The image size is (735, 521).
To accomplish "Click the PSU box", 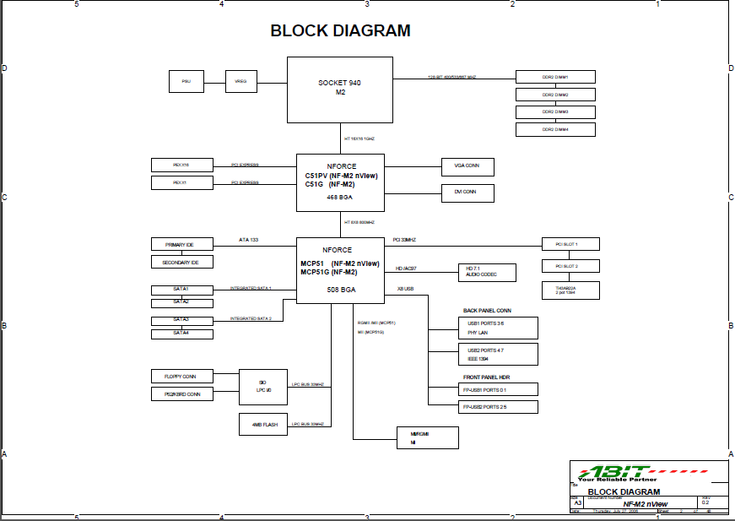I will point(186,82).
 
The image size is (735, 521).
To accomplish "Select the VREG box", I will point(241,82).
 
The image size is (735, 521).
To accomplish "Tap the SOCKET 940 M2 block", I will point(339,89).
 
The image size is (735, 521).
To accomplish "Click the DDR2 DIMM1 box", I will point(555,77).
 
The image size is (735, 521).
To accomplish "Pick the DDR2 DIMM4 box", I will point(555,129).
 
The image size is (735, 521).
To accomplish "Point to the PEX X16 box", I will point(181,165).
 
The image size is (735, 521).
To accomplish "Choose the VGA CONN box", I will point(467,166).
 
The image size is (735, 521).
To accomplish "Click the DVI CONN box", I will point(467,193).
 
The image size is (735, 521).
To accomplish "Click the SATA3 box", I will point(182,320).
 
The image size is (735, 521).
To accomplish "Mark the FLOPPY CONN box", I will point(182,376).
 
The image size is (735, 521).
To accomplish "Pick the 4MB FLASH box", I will point(265,424).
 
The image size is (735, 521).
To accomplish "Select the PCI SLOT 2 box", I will point(570,266).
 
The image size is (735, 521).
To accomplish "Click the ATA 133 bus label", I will point(249,241).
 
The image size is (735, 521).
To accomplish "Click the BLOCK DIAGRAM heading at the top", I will point(340,31).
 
